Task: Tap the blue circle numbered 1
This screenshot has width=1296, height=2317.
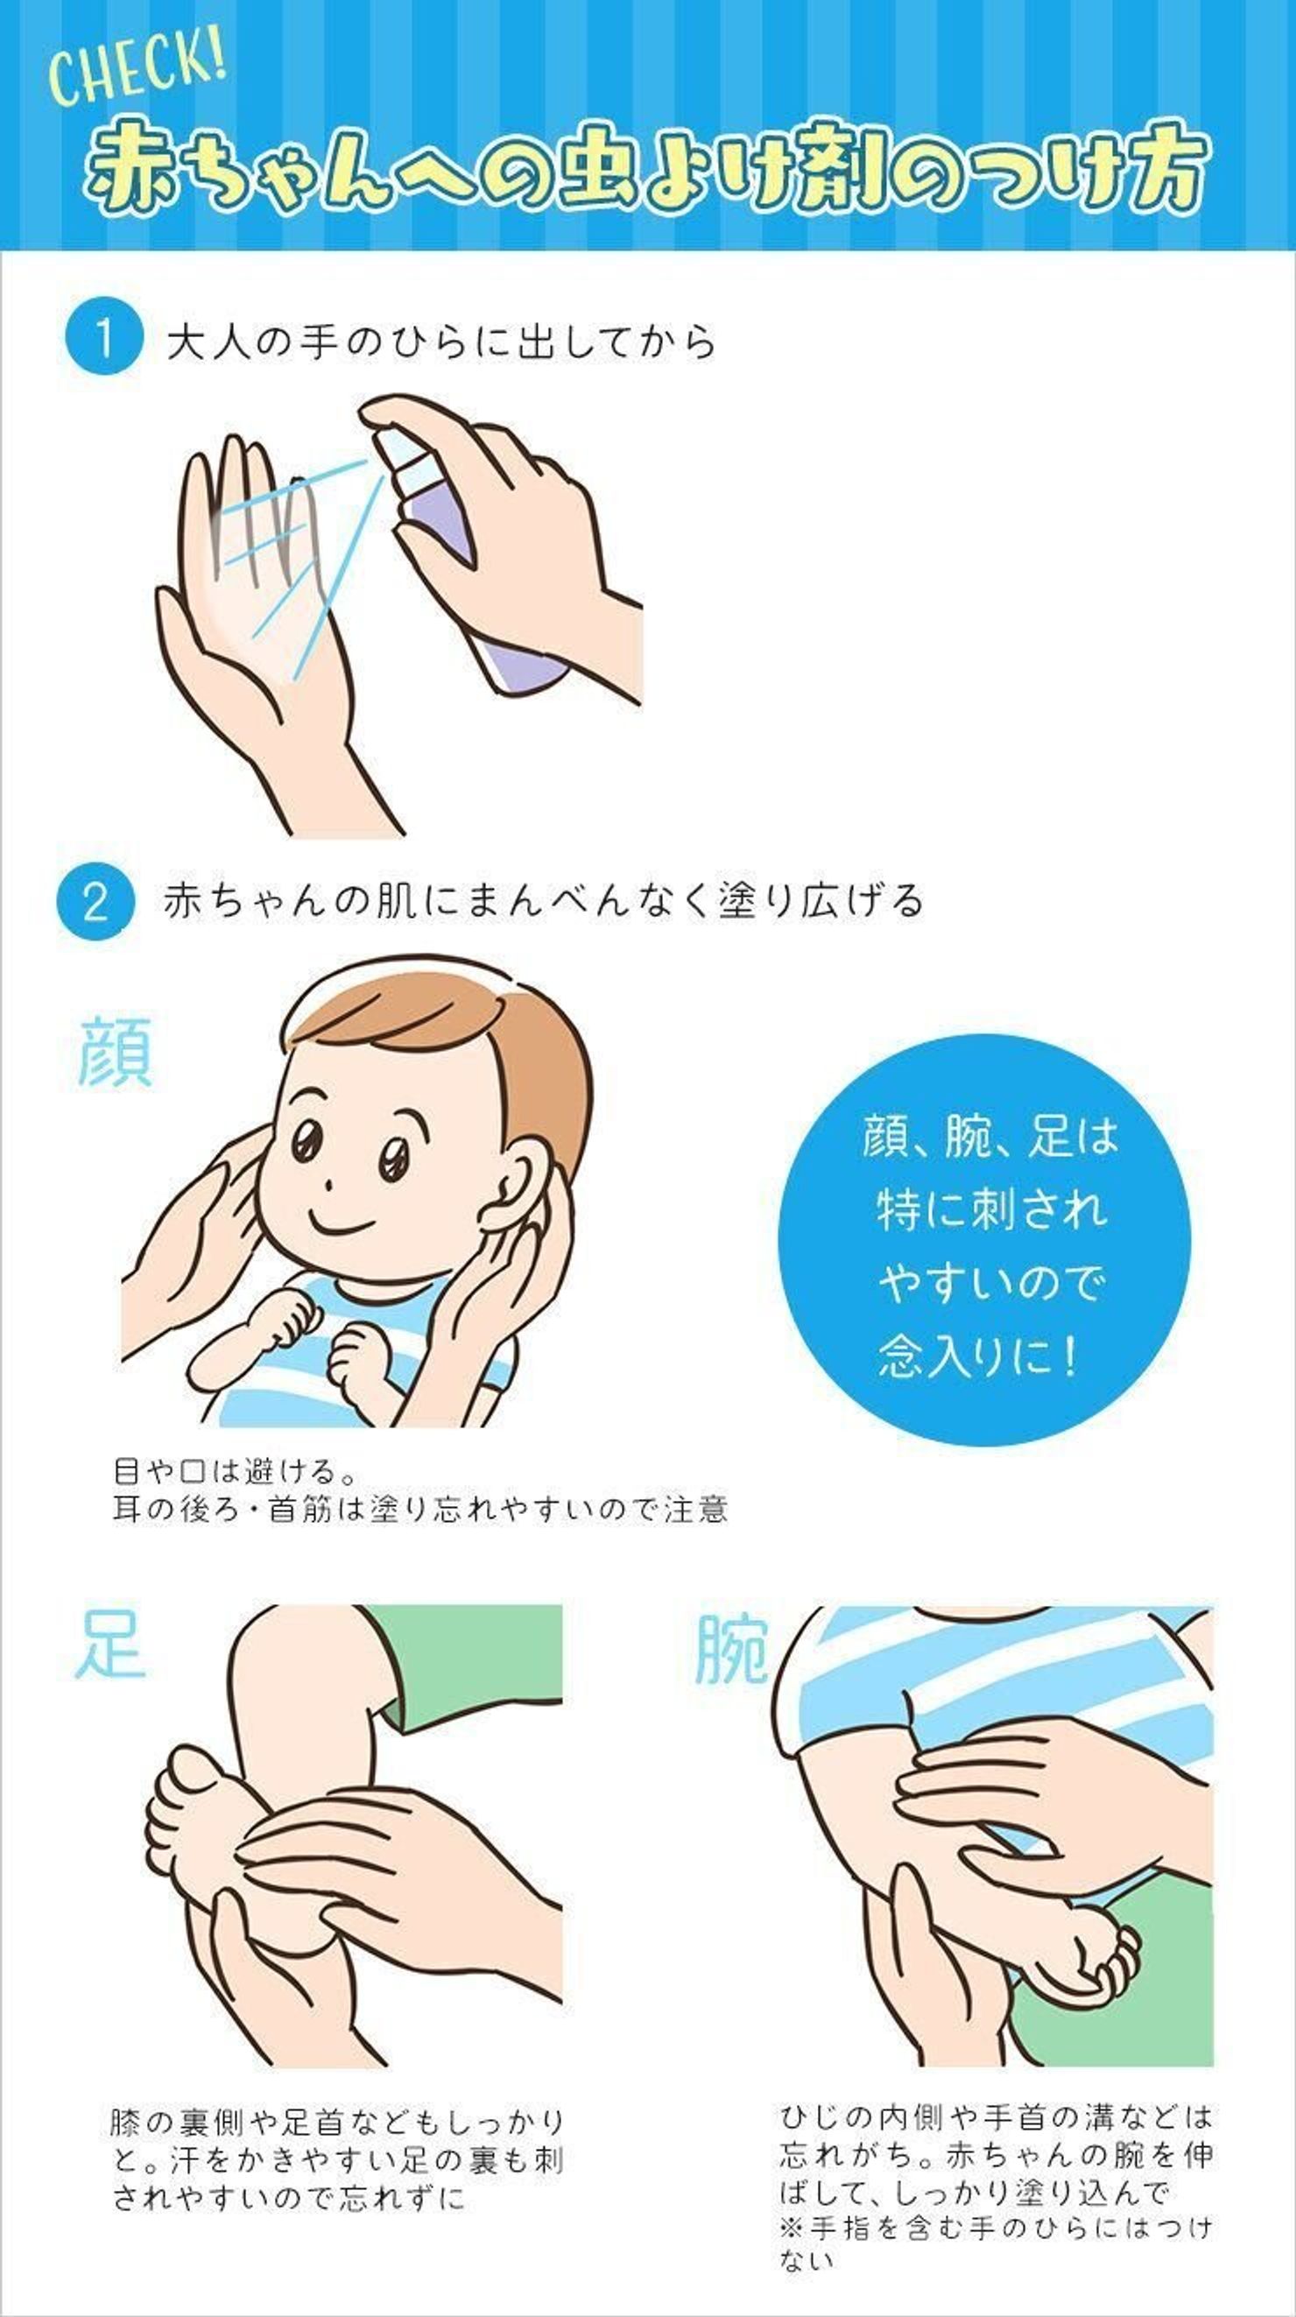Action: [103, 340]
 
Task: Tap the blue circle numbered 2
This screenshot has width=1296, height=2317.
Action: [95, 901]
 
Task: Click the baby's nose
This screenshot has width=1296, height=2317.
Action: [329, 1185]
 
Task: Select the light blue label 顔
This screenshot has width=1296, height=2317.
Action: [114, 1053]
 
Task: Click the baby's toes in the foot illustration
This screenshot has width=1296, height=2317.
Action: [189, 1777]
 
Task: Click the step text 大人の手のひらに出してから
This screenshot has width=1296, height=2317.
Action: [440, 342]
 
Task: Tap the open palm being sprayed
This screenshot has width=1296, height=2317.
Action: [243, 585]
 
